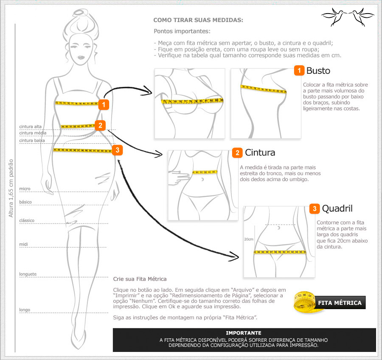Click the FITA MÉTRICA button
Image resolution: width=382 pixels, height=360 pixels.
(x=340, y=303)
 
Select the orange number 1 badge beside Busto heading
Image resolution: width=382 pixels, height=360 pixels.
(x=299, y=71)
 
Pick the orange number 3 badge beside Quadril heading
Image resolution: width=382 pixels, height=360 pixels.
(x=315, y=209)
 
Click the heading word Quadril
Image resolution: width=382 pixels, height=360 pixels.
(x=337, y=209)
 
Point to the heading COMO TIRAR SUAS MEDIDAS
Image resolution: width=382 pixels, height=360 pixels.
(x=198, y=20)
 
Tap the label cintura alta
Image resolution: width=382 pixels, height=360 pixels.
(x=30, y=126)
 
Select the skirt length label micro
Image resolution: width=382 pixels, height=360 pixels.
(x=25, y=188)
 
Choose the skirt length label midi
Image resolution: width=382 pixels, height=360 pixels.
(x=23, y=244)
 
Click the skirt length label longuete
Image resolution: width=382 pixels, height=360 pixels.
(x=28, y=274)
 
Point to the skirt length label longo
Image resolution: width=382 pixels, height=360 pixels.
(x=25, y=310)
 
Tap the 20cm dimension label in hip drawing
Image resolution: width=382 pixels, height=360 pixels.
(x=249, y=239)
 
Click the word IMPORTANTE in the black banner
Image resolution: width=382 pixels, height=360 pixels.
(x=244, y=333)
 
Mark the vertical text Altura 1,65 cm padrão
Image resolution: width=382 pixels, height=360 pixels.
(x=11, y=188)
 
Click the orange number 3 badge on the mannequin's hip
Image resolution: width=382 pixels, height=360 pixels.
(x=118, y=150)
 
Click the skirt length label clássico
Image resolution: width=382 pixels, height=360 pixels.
(x=27, y=220)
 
